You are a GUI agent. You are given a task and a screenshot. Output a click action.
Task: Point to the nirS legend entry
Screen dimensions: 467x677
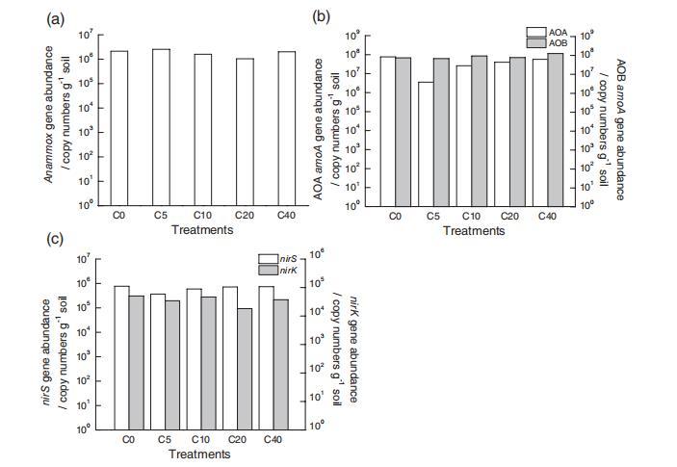pyautogui.click(x=275, y=259)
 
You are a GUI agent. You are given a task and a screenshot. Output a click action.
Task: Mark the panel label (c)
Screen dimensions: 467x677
pyautogui.click(x=55, y=239)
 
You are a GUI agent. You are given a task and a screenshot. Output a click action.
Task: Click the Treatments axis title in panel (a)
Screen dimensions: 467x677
pyautogui.click(x=202, y=230)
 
